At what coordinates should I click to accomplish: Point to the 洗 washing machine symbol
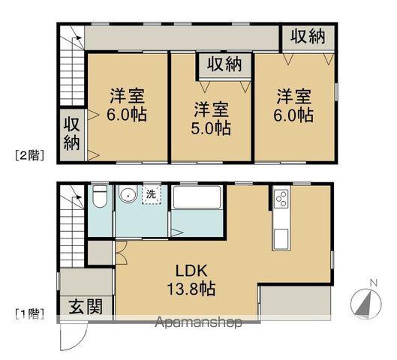click(151, 194)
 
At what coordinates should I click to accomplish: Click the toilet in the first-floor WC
click(100, 196)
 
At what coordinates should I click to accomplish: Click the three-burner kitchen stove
click(282, 199)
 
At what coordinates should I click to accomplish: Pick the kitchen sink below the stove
click(282, 238)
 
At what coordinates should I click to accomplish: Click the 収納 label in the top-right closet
click(308, 35)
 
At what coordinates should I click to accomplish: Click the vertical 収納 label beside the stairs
click(71, 133)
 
